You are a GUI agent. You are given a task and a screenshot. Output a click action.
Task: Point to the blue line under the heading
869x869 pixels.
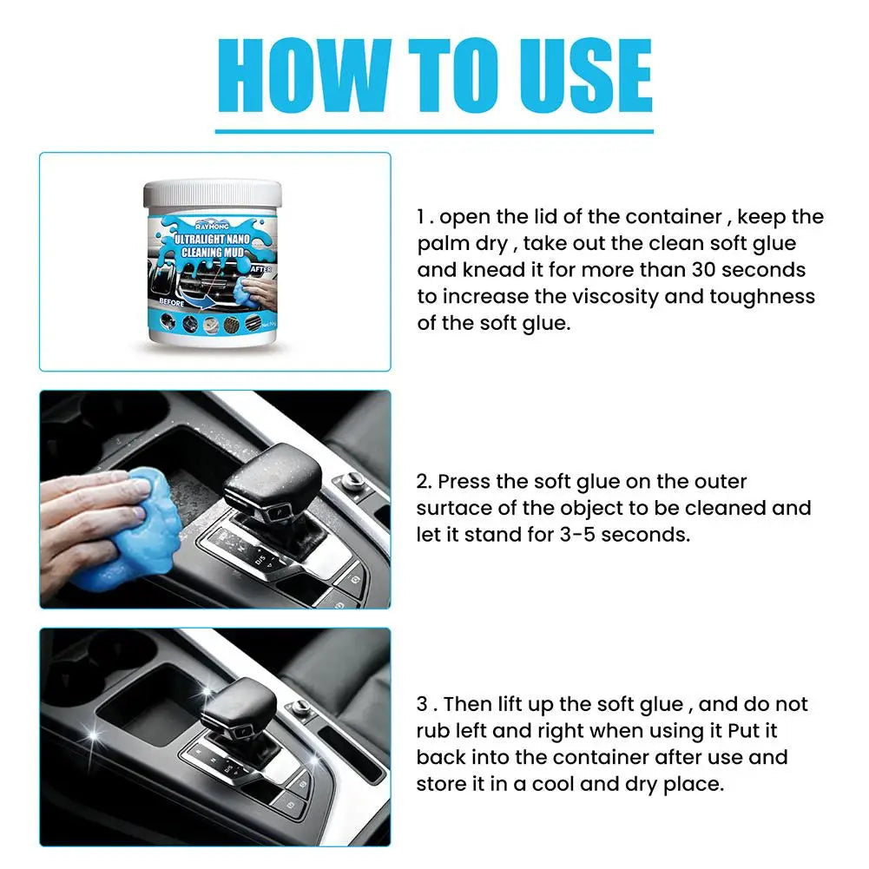coord(434,131)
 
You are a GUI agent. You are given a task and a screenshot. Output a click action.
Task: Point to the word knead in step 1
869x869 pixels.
coord(482,270)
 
